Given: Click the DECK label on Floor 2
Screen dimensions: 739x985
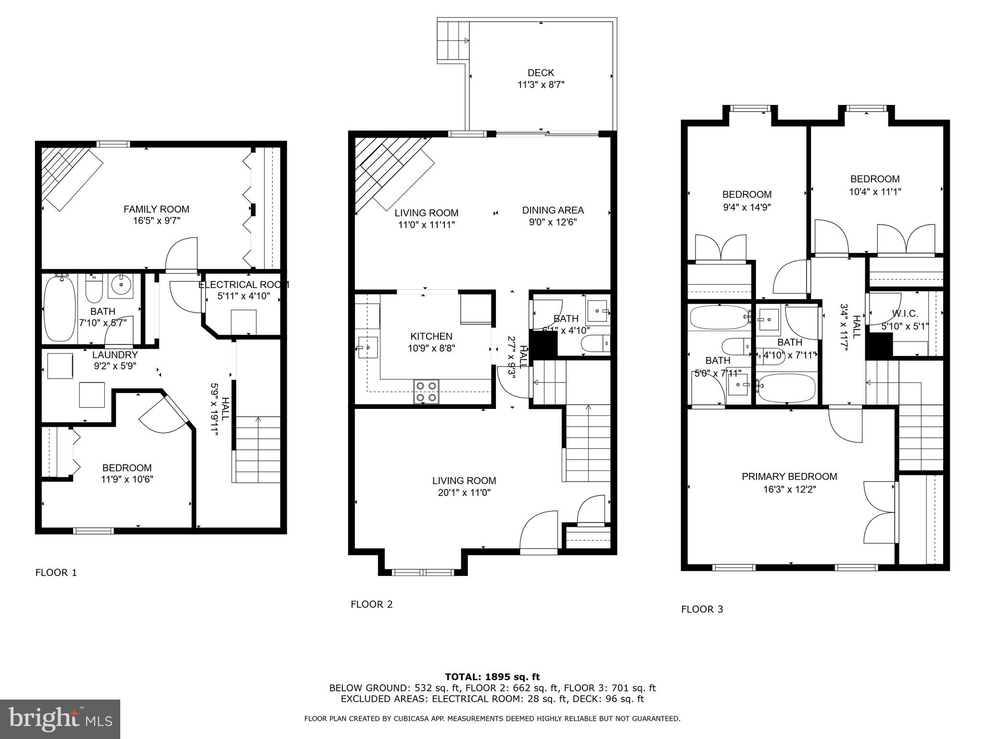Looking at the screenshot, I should click(541, 73).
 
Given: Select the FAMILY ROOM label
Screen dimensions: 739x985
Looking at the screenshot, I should click(156, 209).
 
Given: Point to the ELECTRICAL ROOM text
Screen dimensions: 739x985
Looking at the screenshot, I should click(244, 285).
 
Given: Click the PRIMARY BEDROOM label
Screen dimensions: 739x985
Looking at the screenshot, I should click(789, 476).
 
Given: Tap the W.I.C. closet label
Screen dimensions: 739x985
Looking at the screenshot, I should click(905, 314).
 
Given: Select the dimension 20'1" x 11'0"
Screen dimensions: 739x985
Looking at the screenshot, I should click(464, 493).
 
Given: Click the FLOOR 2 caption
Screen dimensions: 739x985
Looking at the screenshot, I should click(371, 604).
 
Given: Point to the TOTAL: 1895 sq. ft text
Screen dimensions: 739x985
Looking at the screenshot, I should click(492, 677).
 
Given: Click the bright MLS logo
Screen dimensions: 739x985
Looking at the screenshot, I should click(60, 719).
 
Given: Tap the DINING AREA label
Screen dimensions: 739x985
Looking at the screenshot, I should click(553, 210).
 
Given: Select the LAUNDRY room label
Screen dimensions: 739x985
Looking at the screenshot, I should click(115, 355).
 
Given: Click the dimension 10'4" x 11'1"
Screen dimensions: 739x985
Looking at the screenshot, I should click(874, 191).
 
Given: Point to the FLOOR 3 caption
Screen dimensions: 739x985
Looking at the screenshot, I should click(702, 609).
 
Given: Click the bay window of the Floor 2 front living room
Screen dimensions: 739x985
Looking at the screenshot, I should click(423, 572).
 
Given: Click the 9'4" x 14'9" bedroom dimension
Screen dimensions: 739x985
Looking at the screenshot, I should click(746, 207).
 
